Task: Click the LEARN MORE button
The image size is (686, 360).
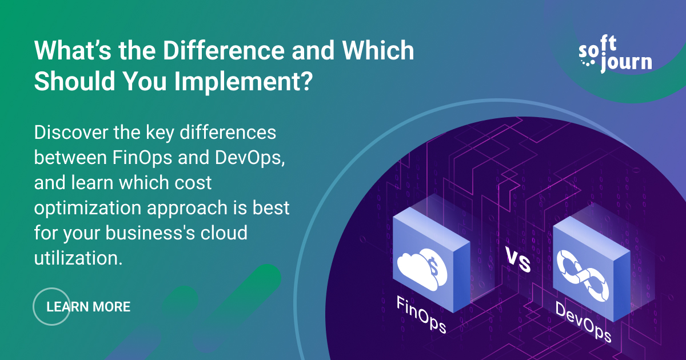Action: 88,307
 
